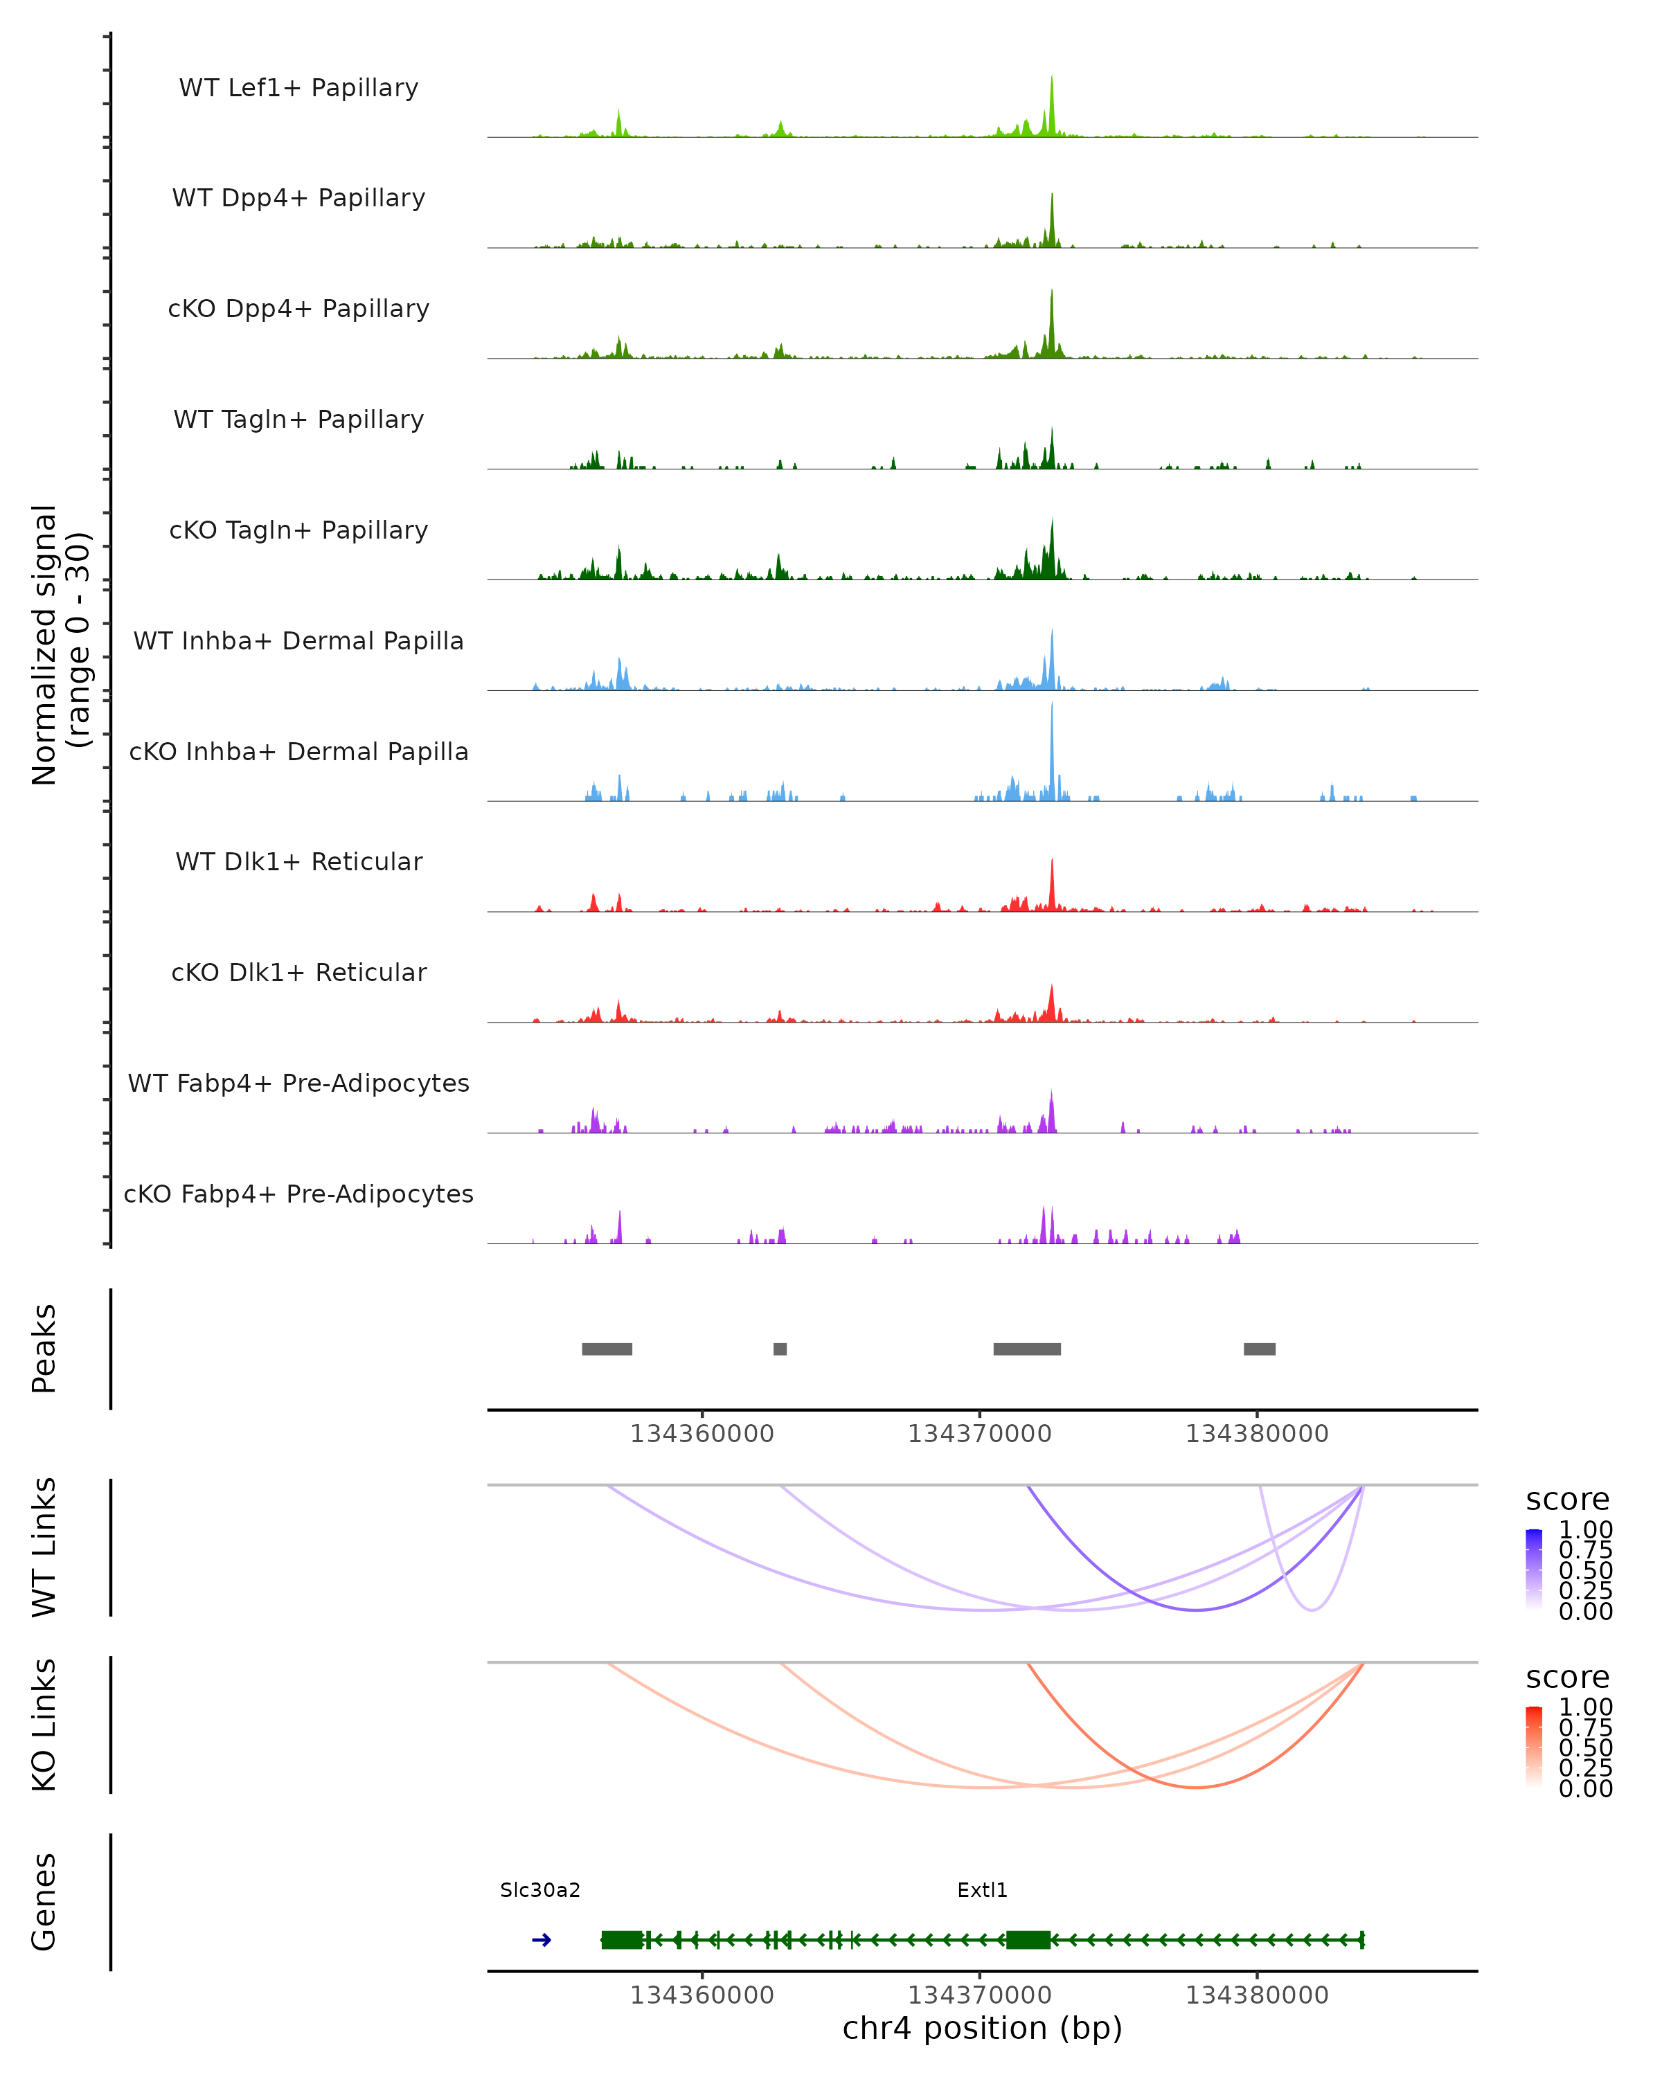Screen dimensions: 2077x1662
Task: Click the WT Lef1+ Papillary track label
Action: (298, 88)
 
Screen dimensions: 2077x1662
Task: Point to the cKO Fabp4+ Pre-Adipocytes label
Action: (298, 1194)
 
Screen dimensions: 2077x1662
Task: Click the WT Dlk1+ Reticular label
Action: (298, 861)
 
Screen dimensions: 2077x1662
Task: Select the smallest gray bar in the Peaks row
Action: (780, 1349)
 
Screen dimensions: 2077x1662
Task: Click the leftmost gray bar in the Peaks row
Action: (607, 1349)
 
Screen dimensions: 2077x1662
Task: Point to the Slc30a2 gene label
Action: (541, 1890)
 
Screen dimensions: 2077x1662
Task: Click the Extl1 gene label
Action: (982, 1890)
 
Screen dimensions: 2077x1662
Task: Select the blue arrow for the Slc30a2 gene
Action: (542, 1940)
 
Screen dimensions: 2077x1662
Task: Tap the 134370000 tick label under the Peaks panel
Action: (980, 1435)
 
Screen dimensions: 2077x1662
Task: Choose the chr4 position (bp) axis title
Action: (982, 2029)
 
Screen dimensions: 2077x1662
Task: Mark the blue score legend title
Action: (1568, 1500)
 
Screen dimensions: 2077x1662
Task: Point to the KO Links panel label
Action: (44, 1725)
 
